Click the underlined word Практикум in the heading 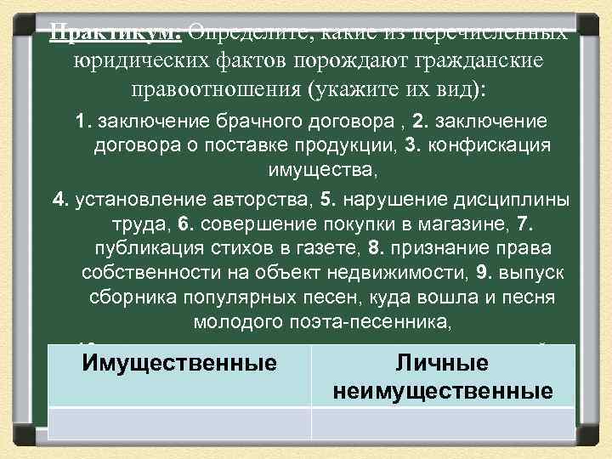(x=113, y=35)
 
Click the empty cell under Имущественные (x=179, y=422)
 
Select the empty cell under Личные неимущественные (x=443, y=422)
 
